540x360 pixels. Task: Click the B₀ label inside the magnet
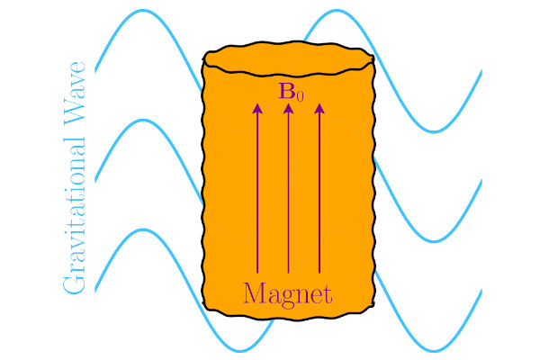[291, 92]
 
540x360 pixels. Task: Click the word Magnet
[288, 295]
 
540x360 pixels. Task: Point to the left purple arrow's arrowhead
[257, 108]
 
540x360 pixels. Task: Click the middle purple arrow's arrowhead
[289, 108]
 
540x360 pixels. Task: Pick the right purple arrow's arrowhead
[319, 108]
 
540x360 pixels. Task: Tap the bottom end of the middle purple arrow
[289, 274]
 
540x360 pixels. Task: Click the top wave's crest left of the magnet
[143, 11]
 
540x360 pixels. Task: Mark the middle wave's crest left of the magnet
[143, 121]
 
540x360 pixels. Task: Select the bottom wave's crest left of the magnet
[143, 229]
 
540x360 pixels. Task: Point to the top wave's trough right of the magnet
[434, 131]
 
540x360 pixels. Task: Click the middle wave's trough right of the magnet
[434, 241]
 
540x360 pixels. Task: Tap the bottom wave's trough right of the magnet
[434, 351]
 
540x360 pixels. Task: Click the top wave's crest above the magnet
[337, 11]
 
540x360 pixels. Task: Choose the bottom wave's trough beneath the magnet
[240, 351]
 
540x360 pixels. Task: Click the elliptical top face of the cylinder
[289, 58]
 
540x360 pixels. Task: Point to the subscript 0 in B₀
[300, 96]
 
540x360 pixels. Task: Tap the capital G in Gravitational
[74, 283]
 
